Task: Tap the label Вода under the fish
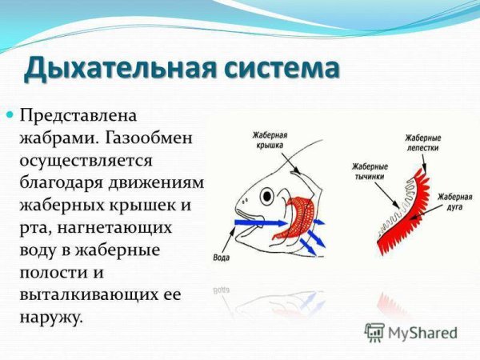pos(223,258)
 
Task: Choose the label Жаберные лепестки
pos(424,143)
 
